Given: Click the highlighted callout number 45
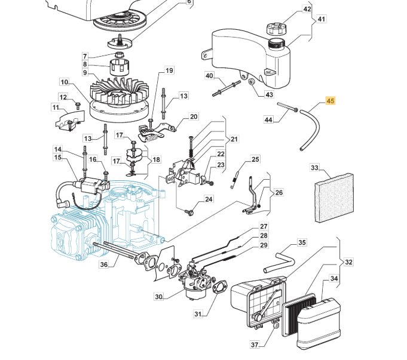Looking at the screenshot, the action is click(331, 101).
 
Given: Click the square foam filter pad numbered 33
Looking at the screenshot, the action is click(334, 198).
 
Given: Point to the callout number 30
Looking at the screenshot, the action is click(158, 297).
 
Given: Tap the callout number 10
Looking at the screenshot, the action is click(64, 82).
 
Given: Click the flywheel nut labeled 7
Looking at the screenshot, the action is click(119, 55).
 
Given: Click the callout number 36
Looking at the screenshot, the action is click(103, 264).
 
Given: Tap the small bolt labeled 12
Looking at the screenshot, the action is click(77, 106).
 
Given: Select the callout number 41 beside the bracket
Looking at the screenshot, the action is click(322, 19).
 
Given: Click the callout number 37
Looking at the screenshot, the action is click(255, 344).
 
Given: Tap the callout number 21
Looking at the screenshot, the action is click(234, 139).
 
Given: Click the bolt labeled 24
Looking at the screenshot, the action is click(189, 213).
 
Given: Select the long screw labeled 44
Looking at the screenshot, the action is click(287, 107).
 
